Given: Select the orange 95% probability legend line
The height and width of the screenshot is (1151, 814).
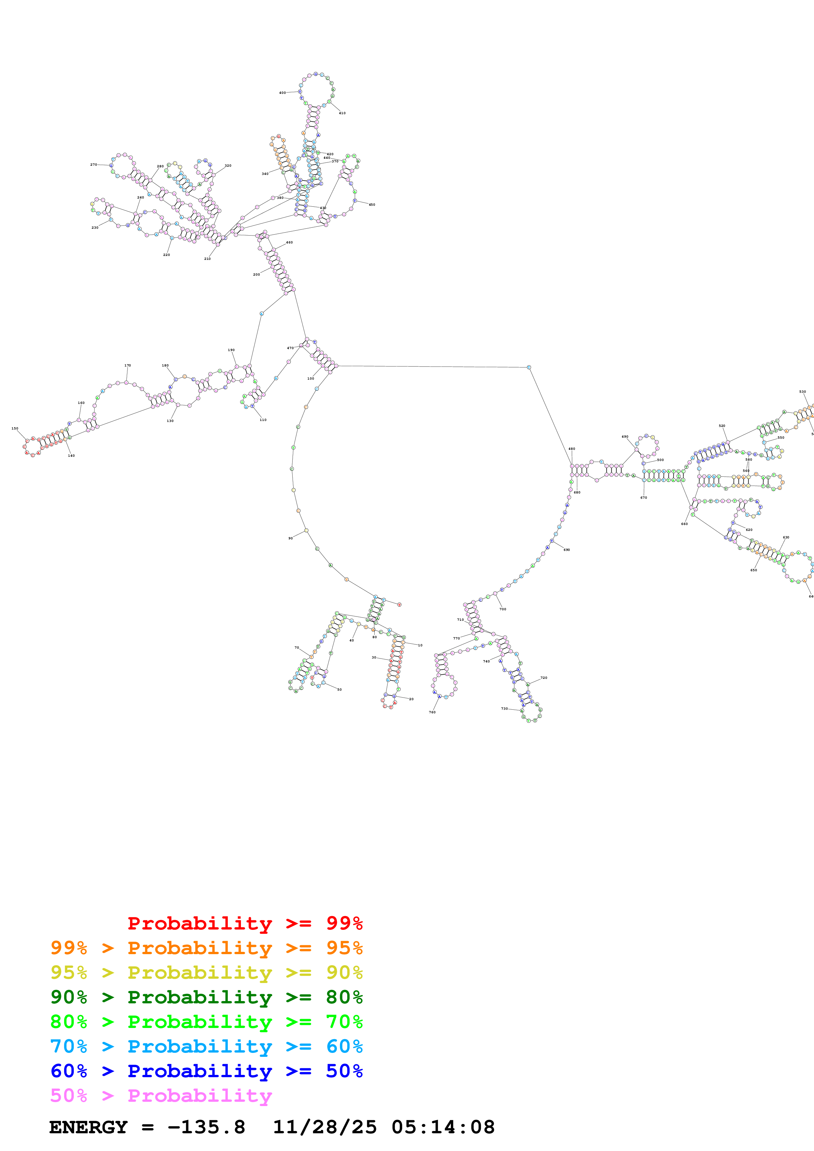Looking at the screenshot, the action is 206,948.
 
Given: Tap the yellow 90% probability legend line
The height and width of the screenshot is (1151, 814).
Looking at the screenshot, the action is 206,972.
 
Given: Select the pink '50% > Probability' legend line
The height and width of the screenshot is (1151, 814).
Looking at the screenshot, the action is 161,1095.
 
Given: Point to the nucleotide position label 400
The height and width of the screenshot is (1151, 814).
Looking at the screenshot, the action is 282,93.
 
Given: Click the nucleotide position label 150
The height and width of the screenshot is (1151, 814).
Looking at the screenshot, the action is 14,429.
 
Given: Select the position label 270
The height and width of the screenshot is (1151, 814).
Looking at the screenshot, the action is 94,164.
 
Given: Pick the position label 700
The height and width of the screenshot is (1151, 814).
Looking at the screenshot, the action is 502,609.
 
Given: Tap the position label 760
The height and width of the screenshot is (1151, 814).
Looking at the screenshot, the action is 432,712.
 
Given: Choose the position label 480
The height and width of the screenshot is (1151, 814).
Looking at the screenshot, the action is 571,449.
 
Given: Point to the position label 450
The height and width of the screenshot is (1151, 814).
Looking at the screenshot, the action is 372,204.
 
